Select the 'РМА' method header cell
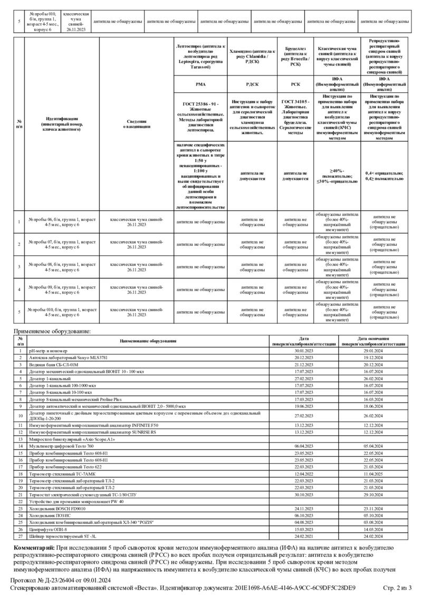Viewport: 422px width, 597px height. pyautogui.click(x=200, y=83)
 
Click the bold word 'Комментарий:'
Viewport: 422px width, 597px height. pyautogui.click(x=33, y=548)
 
